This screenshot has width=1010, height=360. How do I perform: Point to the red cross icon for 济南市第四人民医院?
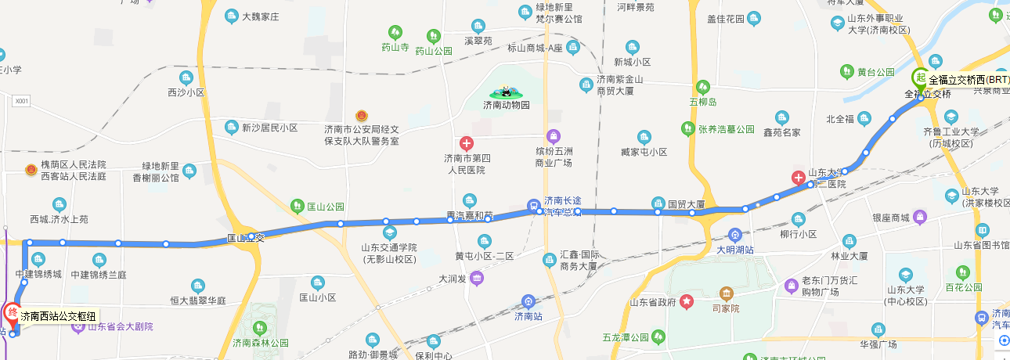(x=466, y=143)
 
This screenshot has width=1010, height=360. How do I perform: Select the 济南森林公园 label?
(x=261, y=343)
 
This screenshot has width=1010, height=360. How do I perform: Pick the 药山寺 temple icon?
(x=395, y=32)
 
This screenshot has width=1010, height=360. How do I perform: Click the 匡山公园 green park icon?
(x=297, y=207)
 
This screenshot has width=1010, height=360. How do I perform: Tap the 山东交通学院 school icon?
(x=389, y=233)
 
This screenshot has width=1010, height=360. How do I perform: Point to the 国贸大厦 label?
(x=687, y=205)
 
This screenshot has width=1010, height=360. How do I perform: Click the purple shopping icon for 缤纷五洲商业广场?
(x=554, y=135)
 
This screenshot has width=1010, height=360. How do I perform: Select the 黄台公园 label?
(x=875, y=72)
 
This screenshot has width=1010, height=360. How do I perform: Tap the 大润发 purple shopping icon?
(x=476, y=278)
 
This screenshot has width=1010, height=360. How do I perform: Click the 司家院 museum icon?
(x=727, y=294)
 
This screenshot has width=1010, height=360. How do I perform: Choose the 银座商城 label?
(x=889, y=218)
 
